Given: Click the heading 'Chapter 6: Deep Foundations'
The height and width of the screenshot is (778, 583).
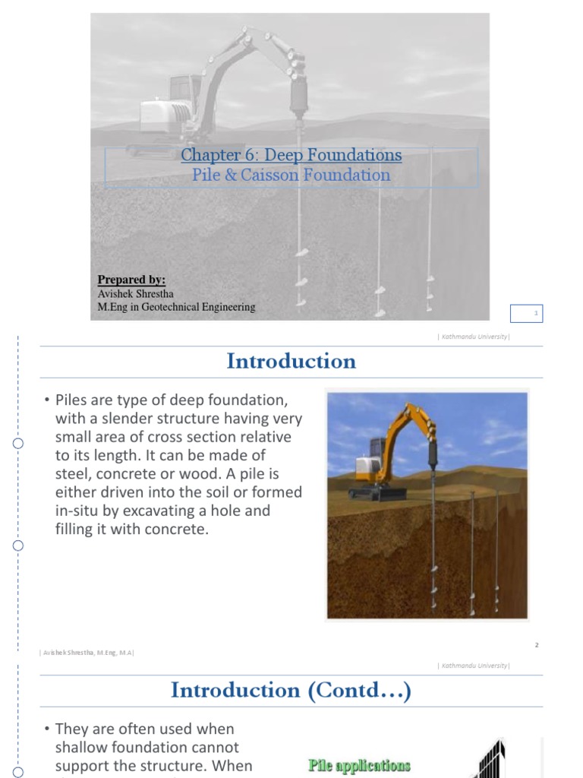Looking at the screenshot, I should click(x=291, y=156).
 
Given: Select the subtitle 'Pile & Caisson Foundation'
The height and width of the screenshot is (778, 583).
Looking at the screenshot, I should click(x=291, y=176).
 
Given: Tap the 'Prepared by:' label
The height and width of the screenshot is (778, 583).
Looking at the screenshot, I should click(x=131, y=280).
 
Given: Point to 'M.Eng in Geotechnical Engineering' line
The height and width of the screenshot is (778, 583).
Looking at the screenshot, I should click(x=176, y=307).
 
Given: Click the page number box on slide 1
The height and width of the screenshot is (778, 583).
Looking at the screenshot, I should click(x=536, y=312).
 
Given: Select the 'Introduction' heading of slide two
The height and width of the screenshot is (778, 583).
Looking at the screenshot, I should click(x=291, y=362).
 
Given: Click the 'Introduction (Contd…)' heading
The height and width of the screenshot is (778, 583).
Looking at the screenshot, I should click(x=291, y=690).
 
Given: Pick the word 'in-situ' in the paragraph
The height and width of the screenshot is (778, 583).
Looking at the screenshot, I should click(x=79, y=511).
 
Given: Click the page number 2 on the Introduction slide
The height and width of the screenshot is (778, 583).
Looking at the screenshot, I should click(x=536, y=645).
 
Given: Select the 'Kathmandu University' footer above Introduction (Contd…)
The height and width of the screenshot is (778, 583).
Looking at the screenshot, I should click(x=474, y=666).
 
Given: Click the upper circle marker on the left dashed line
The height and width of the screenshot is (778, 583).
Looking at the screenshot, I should click(x=18, y=443).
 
